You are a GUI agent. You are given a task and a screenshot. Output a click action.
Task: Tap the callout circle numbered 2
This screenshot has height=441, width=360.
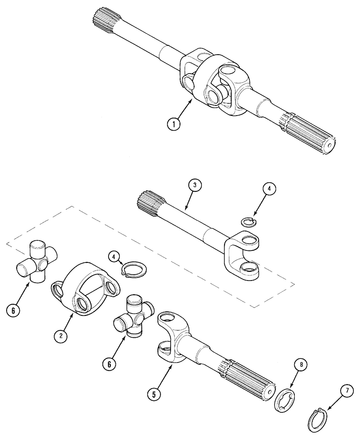click(61, 336)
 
